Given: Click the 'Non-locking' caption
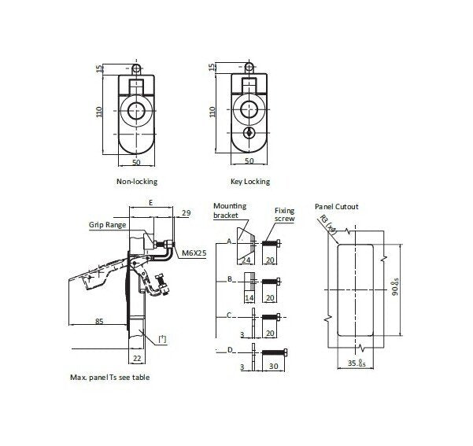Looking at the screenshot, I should pos(137,182).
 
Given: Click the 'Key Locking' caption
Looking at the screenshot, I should pos(251,182).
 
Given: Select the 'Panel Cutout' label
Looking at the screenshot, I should pos(336,207).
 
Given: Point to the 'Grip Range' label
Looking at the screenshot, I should pos(106,224).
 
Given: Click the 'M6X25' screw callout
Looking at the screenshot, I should pos(194,253).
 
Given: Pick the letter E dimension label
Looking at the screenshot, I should pos(150,203).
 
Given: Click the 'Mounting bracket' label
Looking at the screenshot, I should pos(230,210).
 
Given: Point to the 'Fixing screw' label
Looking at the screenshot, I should pos(284,214).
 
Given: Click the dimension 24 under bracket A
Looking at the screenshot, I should pos(246,259).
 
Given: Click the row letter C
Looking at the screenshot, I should pos(228,315).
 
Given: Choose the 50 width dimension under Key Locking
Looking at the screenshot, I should pos(249,161).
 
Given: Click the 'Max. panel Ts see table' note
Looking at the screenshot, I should pos(110,378).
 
